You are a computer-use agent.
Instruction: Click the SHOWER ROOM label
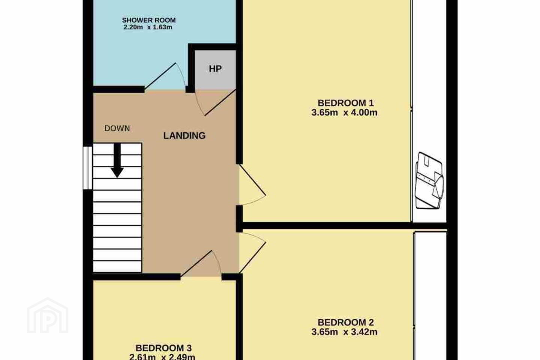point(149,20)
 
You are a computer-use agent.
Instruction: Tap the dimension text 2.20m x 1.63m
point(148,27)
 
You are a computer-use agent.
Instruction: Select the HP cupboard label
point(215,69)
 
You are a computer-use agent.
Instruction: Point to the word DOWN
point(117,128)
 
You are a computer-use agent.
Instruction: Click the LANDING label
point(184,136)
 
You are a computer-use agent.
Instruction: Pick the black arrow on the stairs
point(117,160)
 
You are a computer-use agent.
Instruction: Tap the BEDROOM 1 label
point(346,103)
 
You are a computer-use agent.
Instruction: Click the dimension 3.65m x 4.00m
point(344,112)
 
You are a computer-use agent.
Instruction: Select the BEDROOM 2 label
point(346,322)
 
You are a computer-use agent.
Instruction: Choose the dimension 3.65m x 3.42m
point(344,332)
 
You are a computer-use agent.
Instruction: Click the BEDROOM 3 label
point(163,348)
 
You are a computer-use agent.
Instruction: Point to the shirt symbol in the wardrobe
point(430,181)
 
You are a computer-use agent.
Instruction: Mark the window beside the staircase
point(87,168)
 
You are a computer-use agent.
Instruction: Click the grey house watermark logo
point(48,315)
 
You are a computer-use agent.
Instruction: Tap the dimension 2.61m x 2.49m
point(162,357)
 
